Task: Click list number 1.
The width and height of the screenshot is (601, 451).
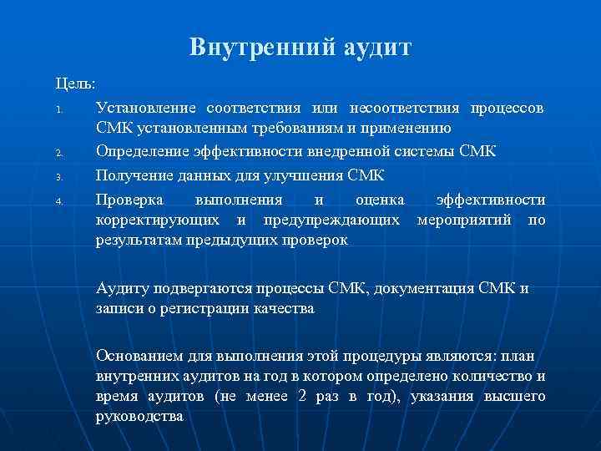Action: pos(58,110)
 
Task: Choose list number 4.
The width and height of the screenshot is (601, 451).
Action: pos(59,200)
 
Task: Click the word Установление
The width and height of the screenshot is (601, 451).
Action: pos(146,109)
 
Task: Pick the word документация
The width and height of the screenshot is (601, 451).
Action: pos(427,289)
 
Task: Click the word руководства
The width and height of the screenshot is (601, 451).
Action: pos(139,416)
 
